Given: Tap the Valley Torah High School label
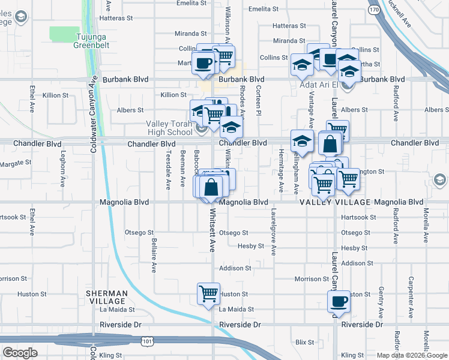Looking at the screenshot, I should click(x=169, y=128).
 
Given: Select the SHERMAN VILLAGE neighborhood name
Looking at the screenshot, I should click(x=106, y=297).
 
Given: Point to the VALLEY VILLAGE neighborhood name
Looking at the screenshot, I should click(x=335, y=202).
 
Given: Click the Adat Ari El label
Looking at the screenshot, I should click(x=319, y=85).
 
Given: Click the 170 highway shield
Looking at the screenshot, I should click(x=374, y=10).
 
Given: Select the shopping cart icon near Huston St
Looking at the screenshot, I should click(x=208, y=294).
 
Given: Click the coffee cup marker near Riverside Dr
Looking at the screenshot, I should click(x=339, y=301).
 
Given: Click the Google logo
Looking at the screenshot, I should click(x=20, y=353).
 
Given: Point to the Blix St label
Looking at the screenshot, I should click(x=305, y=342).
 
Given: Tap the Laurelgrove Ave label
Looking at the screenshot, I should click(x=273, y=232).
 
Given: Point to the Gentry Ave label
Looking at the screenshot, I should click(x=381, y=302).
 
